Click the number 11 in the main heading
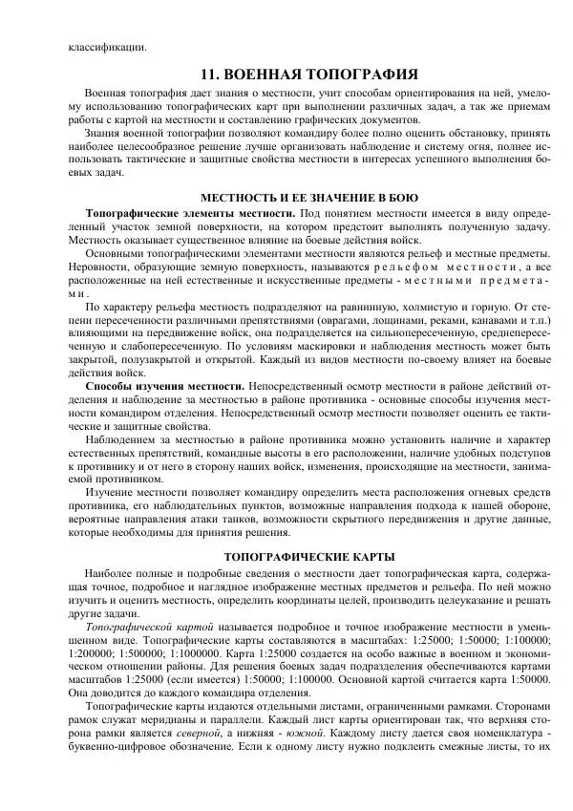coord(209,73)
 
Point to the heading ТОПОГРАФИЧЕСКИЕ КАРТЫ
coord(309,556)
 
